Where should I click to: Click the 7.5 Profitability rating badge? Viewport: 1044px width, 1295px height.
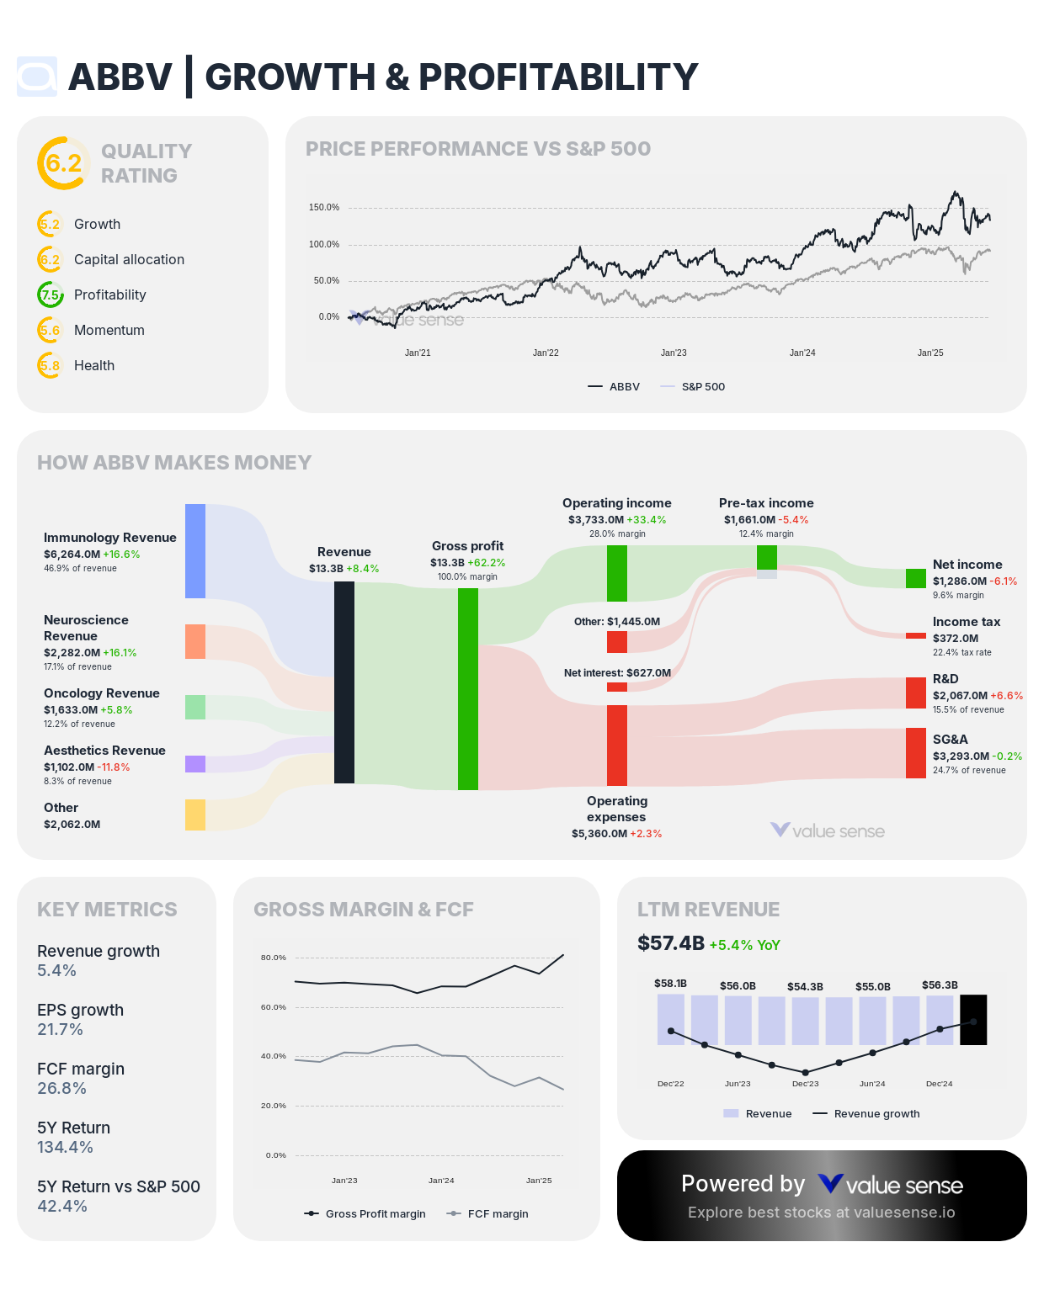pos(51,295)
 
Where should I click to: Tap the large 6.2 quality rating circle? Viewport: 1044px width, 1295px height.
pos(63,163)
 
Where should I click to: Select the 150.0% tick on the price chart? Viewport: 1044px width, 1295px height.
pos(324,207)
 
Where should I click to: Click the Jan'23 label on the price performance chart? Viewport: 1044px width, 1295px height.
pos(674,353)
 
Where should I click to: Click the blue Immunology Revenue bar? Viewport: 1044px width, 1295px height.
pos(195,551)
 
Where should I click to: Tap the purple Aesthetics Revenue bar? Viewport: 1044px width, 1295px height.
pos(195,764)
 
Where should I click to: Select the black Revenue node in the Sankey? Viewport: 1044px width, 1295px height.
pos(344,682)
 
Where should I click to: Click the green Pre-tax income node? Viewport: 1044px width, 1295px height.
pos(767,557)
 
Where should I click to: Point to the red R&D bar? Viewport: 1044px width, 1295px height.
pos(916,693)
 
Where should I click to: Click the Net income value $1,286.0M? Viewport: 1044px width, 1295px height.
pos(959,581)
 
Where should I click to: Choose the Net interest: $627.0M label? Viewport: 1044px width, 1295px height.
pos(617,673)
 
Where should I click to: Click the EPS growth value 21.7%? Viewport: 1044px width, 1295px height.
pos(60,1030)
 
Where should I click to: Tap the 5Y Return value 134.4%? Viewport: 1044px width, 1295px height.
pos(65,1148)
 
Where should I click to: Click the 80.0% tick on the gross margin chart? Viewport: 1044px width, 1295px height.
pos(274,958)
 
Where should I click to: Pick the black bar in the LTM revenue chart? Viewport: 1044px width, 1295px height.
pos(973,1020)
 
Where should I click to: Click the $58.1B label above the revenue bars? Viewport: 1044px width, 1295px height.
pos(670,984)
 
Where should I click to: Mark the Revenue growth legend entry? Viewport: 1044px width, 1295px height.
pos(866,1114)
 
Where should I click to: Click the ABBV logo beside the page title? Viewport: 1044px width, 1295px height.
pos(37,77)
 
